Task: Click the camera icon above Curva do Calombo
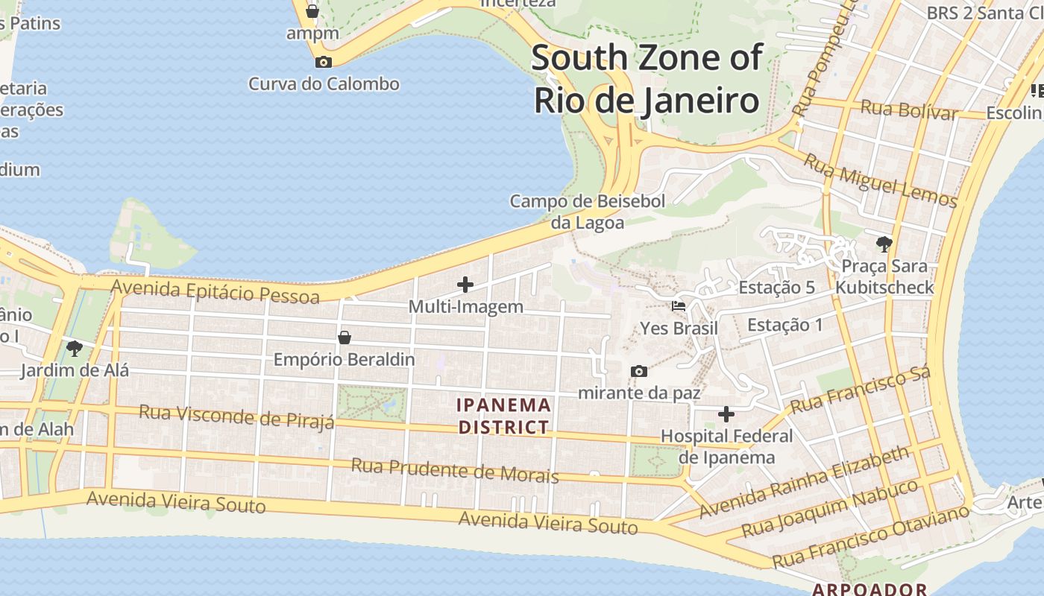pyautogui.click(x=324, y=62)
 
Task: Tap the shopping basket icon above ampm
pyautogui.click(x=312, y=11)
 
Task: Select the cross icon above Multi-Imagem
pyautogui.click(x=465, y=284)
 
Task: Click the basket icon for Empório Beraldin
pyautogui.click(x=344, y=337)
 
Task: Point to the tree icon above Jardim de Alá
pyautogui.click(x=74, y=348)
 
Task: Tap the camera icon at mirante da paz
pyautogui.click(x=638, y=371)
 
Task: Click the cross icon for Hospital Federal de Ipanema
pyautogui.click(x=726, y=414)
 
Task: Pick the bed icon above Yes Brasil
pyautogui.click(x=679, y=306)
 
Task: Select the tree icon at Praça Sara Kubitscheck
pyautogui.click(x=884, y=244)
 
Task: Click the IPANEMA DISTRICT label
pyautogui.click(x=504, y=416)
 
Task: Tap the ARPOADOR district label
pyautogui.click(x=870, y=589)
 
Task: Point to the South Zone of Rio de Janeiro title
pyautogui.click(x=647, y=78)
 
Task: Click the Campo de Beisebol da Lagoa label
pyautogui.click(x=588, y=212)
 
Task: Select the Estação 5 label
pyautogui.click(x=776, y=288)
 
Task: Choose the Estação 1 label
pyautogui.click(x=785, y=325)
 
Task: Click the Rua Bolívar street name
pyautogui.click(x=909, y=110)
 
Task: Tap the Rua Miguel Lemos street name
pyautogui.click(x=881, y=180)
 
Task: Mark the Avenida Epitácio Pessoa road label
pyautogui.click(x=215, y=292)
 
